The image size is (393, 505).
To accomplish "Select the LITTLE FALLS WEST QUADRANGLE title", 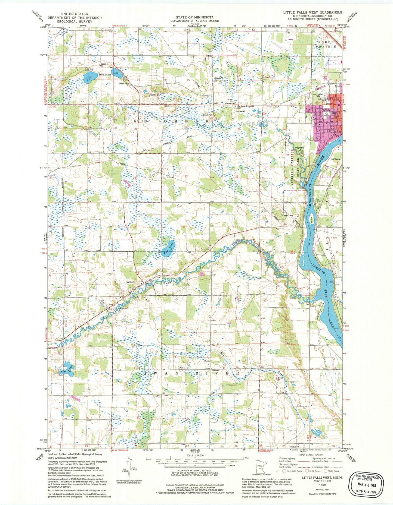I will (x=312, y=12).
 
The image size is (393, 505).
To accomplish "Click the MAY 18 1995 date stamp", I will (x=367, y=484).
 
